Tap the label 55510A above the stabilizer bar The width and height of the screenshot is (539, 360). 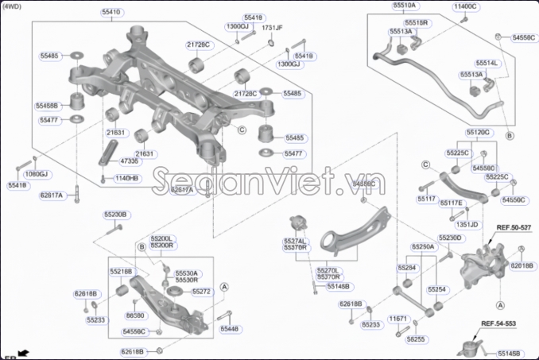pyautogui.click(x=404, y=6)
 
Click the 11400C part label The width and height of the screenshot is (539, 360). pyautogui.click(x=466, y=6)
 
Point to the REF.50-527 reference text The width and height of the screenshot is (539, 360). pyautogui.click(x=513, y=227)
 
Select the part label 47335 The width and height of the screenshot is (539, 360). pyautogui.click(x=130, y=161)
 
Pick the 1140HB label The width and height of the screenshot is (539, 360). pyautogui.click(x=126, y=179)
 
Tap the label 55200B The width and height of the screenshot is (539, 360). pyautogui.click(x=115, y=215)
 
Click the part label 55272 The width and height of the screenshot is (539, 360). pyautogui.click(x=202, y=292)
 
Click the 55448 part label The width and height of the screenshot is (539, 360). pyautogui.click(x=229, y=328)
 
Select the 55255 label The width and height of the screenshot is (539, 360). pyautogui.click(x=416, y=339)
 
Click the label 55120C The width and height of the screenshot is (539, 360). pyautogui.click(x=479, y=132)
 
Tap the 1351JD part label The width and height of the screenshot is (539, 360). pyautogui.click(x=469, y=225)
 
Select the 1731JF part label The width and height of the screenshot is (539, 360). pyautogui.click(x=272, y=27)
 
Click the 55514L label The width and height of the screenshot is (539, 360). pyautogui.click(x=487, y=63)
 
